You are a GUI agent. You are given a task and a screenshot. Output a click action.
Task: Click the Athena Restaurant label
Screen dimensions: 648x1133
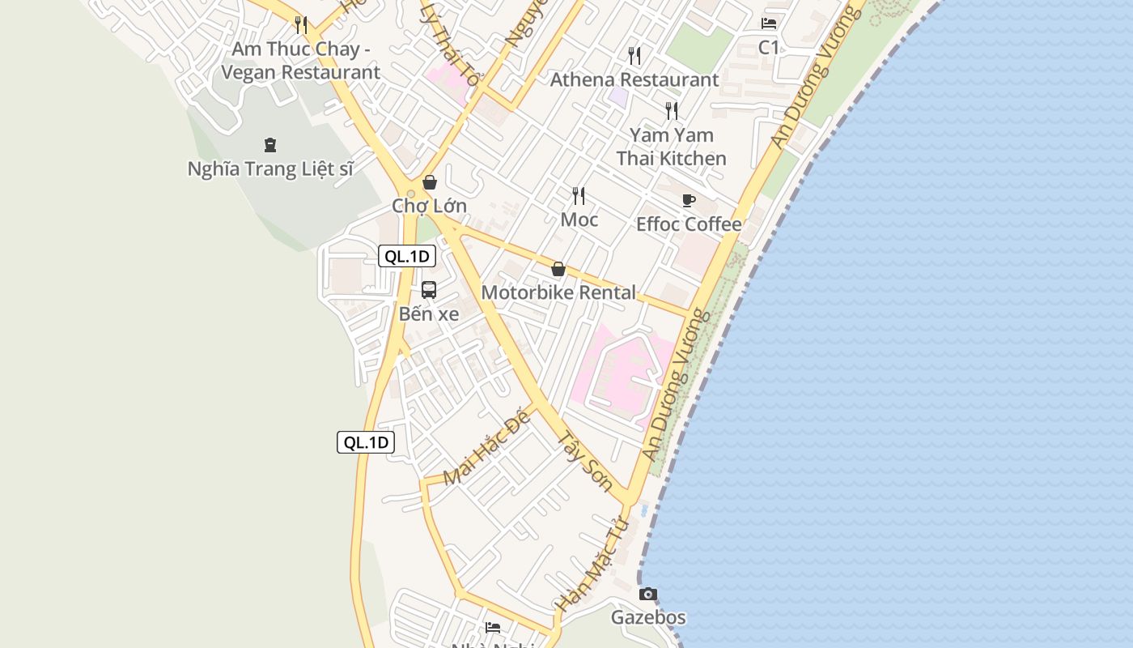[634, 79]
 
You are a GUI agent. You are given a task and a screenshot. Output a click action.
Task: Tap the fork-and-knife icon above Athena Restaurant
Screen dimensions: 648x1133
[634, 55]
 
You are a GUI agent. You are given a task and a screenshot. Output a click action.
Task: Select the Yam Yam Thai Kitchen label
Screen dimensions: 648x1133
[672, 147]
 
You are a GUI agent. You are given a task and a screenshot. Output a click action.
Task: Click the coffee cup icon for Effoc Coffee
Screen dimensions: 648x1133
[689, 200]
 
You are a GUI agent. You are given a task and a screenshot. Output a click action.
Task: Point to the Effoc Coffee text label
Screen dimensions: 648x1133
[689, 224]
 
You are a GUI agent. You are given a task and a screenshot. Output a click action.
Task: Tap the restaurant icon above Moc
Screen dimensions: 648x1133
[579, 195]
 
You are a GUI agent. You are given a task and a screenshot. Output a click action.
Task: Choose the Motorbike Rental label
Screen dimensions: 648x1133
[558, 292]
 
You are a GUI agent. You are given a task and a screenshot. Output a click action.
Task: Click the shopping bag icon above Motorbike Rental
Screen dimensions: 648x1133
[558, 269]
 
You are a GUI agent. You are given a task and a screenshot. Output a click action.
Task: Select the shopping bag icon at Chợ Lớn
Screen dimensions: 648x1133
[430, 182]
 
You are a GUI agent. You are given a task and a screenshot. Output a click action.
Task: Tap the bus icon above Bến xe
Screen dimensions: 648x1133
[429, 290]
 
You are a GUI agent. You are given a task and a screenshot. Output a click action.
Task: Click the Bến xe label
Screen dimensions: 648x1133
[429, 314]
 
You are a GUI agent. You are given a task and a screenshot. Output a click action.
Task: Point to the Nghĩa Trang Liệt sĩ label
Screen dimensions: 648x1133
[271, 169]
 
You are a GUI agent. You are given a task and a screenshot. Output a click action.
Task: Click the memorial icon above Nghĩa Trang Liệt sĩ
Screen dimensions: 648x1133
[270, 145]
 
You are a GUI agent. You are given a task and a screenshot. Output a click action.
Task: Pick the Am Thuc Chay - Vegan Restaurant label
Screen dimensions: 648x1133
[300, 61]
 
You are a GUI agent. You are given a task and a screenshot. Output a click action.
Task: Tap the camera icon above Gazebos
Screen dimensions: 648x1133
[647, 595]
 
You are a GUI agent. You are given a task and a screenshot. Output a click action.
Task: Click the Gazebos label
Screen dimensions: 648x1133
[648, 618]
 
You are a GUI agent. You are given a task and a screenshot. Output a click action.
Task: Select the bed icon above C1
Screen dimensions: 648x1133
[769, 23]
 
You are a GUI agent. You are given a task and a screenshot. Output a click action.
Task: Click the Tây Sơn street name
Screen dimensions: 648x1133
[585, 462]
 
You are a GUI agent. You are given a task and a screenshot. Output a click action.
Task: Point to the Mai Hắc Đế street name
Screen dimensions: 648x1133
[486, 449]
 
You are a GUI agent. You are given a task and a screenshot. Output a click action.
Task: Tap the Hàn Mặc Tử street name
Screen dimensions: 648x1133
[592, 565]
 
